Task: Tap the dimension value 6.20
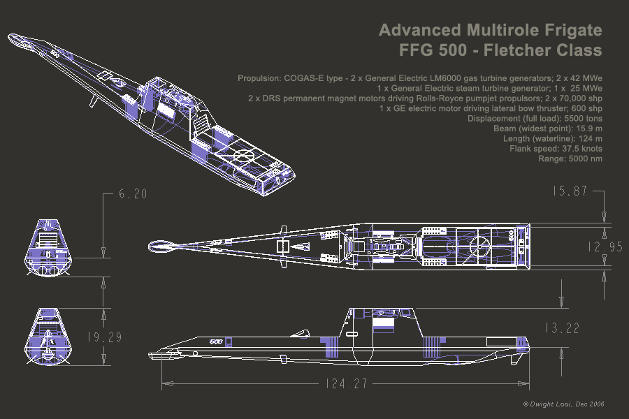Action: [133, 195]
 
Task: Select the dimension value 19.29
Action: [105, 338]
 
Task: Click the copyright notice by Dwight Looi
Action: [563, 404]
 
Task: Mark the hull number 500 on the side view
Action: [215, 341]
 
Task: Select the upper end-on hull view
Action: [49, 246]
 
